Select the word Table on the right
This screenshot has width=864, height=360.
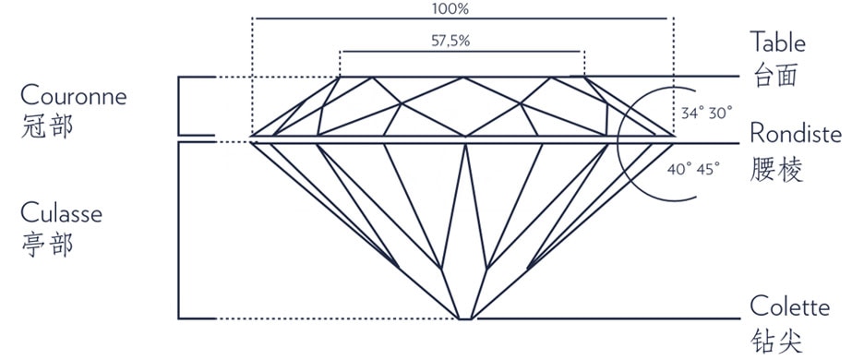(777, 42)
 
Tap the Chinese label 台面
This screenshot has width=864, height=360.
(775, 76)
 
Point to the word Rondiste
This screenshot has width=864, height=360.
(795, 135)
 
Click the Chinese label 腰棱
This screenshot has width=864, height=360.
(775, 170)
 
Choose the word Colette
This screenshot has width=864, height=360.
(789, 306)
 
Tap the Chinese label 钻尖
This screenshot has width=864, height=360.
(775, 340)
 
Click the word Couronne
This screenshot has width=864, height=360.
(73, 95)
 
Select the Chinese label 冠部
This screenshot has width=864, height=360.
(45, 127)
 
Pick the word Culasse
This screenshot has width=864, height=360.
(61, 213)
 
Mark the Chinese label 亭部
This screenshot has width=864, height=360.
(45, 246)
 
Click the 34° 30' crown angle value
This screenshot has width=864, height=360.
(706, 113)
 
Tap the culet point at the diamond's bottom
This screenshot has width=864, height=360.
(465, 319)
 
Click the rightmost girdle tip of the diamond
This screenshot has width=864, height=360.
(674, 138)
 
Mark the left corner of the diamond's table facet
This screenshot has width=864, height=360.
(340, 78)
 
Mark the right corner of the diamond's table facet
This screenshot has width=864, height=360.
(584, 78)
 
